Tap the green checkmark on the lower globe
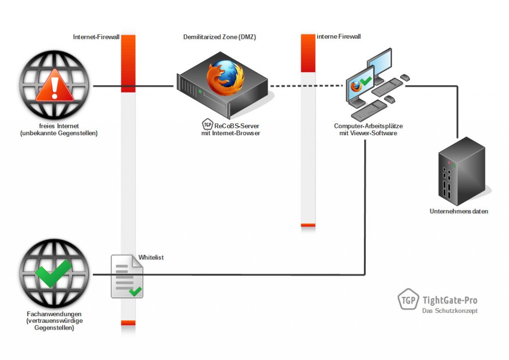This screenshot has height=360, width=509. [x=53, y=272]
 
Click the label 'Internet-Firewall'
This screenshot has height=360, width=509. [x=96, y=37]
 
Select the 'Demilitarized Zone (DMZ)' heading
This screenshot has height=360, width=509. [x=220, y=37]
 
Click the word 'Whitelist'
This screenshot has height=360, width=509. [x=151, y=258]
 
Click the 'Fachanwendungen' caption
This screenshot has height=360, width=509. [x=55, y=314]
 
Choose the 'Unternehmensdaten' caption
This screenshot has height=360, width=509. [x=459, y=211]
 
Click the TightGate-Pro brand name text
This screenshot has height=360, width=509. [x=449, y=300]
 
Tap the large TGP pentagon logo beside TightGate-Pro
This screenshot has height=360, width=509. [x=408, y=300]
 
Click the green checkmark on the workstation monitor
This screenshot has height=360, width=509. [x=367, y=81]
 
